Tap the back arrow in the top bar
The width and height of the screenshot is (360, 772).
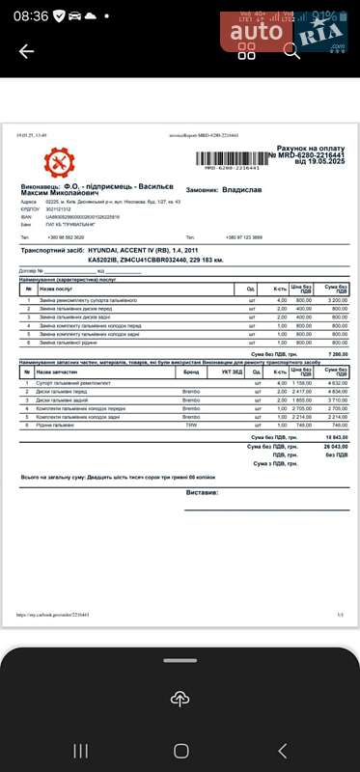pyautogui.click(x=26, y=52)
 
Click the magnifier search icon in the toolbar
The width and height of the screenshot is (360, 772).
pyautogui.click(x=291, y=51)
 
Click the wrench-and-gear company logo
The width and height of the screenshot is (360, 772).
pyautogui.click(x=58, y=163)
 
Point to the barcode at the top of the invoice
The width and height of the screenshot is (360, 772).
pyautogui.click(x=233, y=157)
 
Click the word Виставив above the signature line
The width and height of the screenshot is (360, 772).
pyautogui.click(x=203, y=491)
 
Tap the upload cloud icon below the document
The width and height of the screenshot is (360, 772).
pyautogui.click(x=180, y=699)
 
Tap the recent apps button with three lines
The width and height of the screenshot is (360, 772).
pyautogui.click(x=81, y=751)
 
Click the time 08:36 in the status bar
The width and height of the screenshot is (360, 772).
pyautogui.click(x=31, y=16)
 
